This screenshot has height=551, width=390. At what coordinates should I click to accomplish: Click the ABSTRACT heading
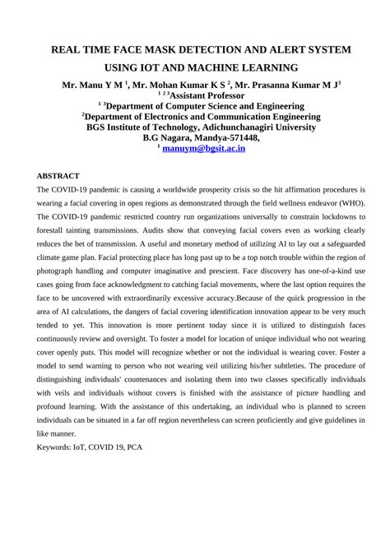click(x=58, y=176)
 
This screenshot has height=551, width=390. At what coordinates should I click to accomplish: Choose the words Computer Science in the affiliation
click(x=211, y=106)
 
